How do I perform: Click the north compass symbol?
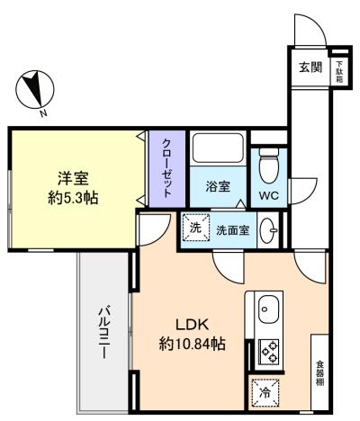(35, 90)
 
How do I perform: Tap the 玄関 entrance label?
(310, 67)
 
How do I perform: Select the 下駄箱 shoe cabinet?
(339, 71)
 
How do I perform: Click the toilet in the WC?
(269, 166)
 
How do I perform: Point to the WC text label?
(269, 196)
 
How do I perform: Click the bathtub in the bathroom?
(218, 148)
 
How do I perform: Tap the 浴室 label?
(218, 186)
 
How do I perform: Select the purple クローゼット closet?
(167, 168)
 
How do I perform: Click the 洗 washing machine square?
(196, 228)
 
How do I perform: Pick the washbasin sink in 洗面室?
(269, 230)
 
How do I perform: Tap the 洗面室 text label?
(233, 230)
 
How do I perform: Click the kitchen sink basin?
(268, 309)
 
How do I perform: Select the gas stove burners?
(268, 352)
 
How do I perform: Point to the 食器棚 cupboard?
(319, 372)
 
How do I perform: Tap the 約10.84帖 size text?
(192, 344)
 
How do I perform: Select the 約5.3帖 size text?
(73, 198)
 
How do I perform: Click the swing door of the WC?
(303, 192)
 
